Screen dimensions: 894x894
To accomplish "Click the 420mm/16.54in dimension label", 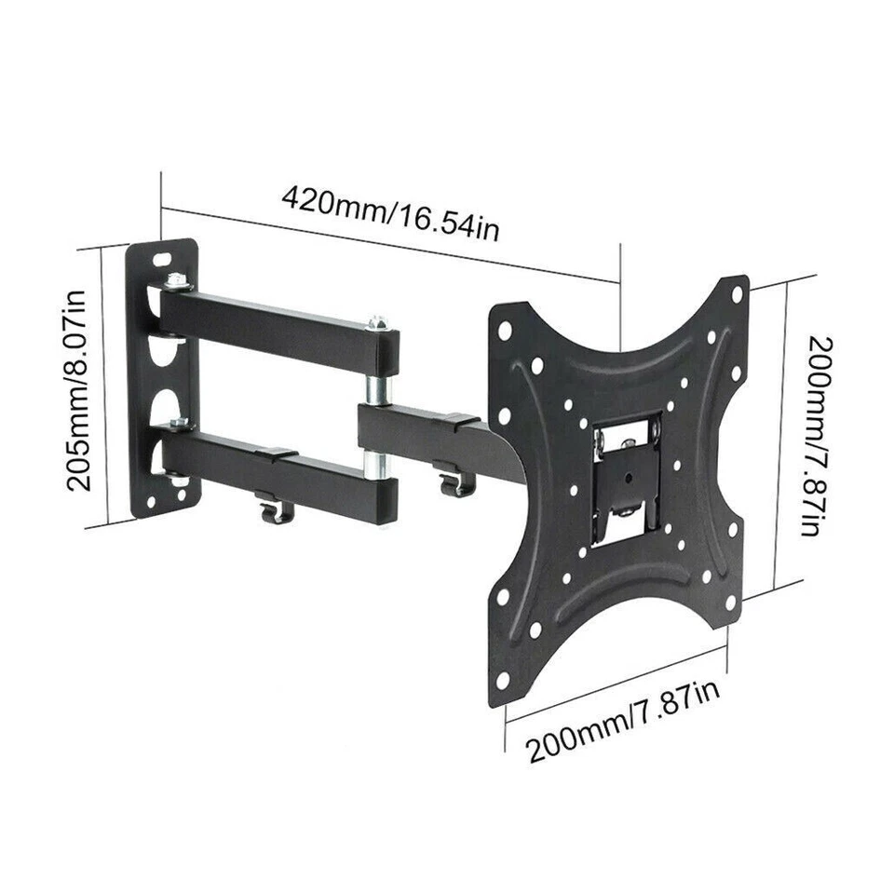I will (x=390, y=212).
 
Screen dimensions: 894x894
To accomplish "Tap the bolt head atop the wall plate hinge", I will (x=175, y=279).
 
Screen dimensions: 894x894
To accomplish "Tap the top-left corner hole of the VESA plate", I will (x=504, y=330).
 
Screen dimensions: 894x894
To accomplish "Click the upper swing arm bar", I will (x=279, y=319).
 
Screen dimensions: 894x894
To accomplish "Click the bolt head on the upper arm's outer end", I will (x=377, y=323).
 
